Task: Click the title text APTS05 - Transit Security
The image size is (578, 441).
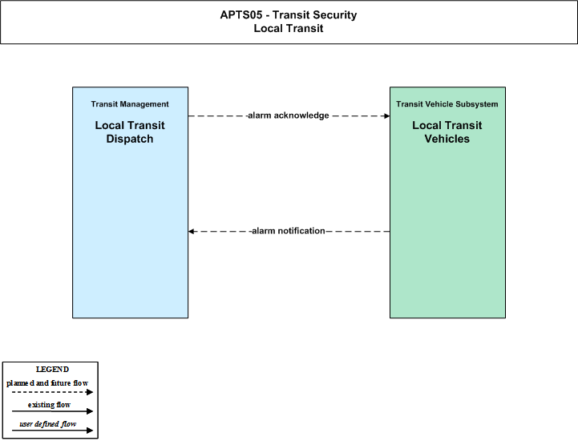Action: pos(289,14)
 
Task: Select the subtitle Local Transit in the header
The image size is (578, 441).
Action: pos(289,28)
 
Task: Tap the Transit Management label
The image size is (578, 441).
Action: pos(130,104)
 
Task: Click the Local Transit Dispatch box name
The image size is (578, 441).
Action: pos(130,132)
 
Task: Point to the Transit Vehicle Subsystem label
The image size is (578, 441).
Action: pos(447,104)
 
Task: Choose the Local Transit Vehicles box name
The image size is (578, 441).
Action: pos(447,132)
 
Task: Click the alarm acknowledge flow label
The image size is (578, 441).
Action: pos(289,115)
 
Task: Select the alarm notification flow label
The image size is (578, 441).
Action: pos(289,231)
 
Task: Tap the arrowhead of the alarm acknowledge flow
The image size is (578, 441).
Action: pos(387,115)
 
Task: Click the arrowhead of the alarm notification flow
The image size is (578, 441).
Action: pos(191,231)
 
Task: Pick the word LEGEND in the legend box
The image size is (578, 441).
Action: pos(52,369)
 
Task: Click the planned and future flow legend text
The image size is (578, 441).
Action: pos(47,382)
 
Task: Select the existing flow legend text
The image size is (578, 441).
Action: pos(49,404)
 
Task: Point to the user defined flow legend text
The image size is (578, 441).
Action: pos(47,423)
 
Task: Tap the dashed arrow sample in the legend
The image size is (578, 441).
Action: pos(52,392)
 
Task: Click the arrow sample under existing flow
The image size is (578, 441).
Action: pos(52,411)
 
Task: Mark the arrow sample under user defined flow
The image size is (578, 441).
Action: pos(52,431)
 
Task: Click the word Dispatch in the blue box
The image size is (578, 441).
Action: pos(130,139)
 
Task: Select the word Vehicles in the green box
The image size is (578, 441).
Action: pos(447,139)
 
